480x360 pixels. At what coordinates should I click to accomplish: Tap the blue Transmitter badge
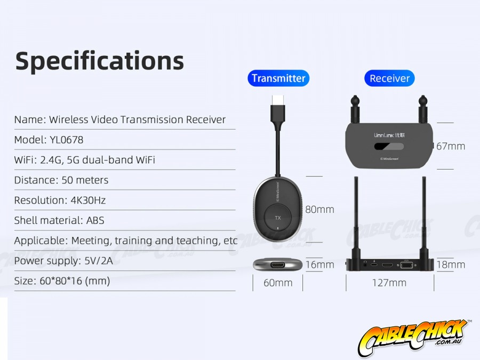[x=278, y=78]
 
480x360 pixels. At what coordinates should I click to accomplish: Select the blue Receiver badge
[x=389, y=78]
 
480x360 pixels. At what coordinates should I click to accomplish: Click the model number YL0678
[x=67, y=140]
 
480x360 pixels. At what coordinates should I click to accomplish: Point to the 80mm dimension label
[x=319, y=210]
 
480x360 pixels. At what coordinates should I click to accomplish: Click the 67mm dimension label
[x=451, y=146]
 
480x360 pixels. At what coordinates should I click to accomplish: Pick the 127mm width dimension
[x=389, y=283]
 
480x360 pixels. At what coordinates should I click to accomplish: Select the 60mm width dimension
[x=278, y=283]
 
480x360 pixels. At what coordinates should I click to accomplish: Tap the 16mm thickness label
[x=319, y=265]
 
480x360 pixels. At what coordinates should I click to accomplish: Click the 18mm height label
[x=451, y=265]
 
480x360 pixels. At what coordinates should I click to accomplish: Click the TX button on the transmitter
[x=278, y=218]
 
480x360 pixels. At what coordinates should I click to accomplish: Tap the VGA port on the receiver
[x=406, y=265]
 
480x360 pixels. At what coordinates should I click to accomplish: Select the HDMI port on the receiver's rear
[x=387, y=265]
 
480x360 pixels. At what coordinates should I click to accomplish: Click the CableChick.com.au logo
[x=414, y=338]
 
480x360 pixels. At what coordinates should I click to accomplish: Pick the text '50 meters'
[x=85, y=180]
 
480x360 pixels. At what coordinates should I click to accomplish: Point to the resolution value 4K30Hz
[x=88, y=200]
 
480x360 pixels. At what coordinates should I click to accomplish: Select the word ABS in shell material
[x=95, y=220]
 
